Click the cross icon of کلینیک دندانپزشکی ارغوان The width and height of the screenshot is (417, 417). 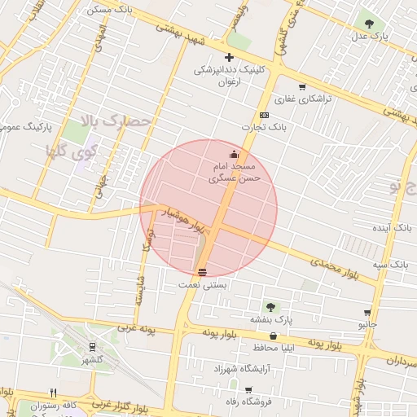click(229, 57)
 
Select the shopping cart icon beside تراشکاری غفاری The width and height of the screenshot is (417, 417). click(302, 87)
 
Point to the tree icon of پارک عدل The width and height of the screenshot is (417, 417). click(370, 24)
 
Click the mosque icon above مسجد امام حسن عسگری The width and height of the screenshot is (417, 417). click(235, 154)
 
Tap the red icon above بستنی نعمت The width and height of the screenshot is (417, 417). click(202, 272)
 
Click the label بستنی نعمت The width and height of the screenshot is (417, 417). click(204, 285)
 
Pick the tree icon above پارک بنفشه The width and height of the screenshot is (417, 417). click(270, 307)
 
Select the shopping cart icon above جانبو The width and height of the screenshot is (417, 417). click(368, 313)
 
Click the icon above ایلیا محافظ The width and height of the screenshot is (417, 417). click(272, 335)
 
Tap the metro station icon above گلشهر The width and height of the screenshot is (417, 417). click(92, 347)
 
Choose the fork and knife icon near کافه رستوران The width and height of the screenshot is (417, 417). click(54, 392)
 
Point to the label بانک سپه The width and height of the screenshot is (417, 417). click(391, 265)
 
